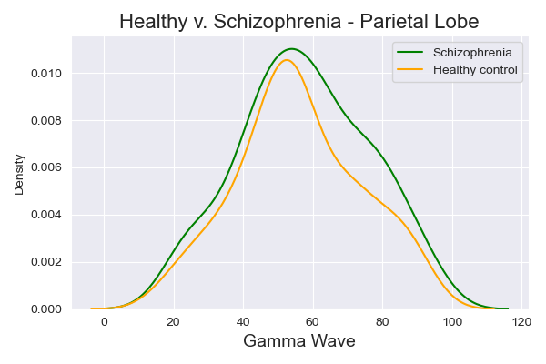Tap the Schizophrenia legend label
click(472, 53)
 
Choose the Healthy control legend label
click(475, 70)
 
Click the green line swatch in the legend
click(412, 53)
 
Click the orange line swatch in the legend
click(412, 70)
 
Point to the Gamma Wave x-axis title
click(298, 341)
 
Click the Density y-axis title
click(19, 173)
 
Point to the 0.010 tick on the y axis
click(45, 73)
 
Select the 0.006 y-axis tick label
click(45, 167)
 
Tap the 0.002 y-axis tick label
click(45, 262)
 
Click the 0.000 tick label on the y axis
click(45, 309)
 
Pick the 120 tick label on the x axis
click(522, 321)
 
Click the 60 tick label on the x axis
click(313, 321)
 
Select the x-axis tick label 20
click(174, 321)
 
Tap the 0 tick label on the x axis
click(104, 321)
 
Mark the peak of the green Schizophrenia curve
click(292, 49)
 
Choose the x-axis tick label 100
click(452, 321)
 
